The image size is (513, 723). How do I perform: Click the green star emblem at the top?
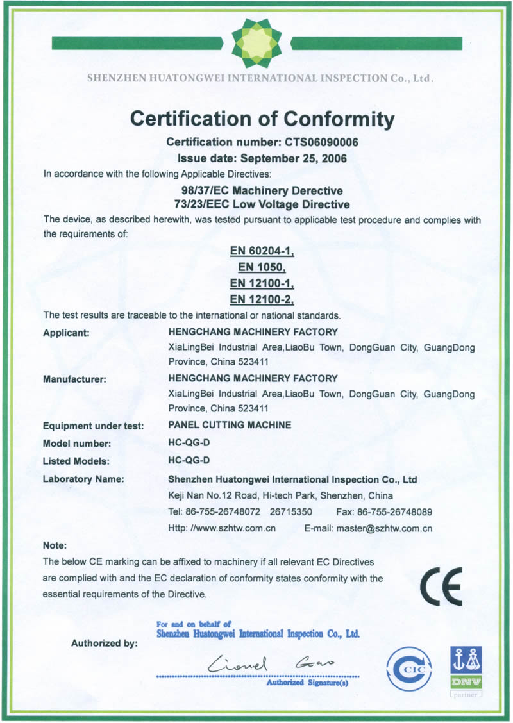coord(256,43)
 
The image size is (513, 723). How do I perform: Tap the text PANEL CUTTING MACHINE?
coord(230,425)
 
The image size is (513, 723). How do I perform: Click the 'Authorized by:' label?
coord(104,644)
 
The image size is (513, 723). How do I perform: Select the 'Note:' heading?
coord(55,545)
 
